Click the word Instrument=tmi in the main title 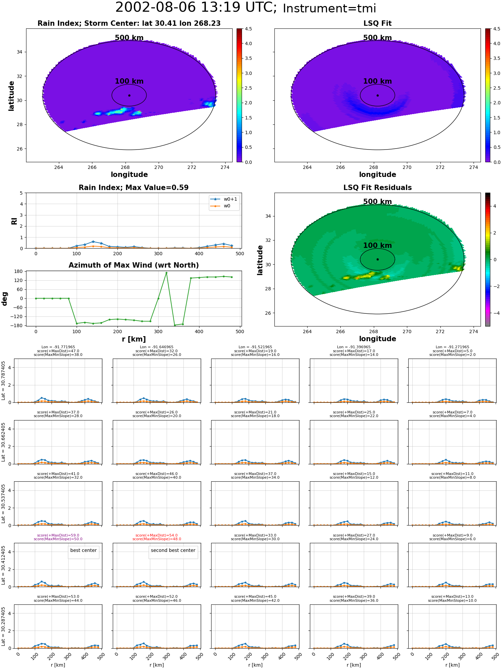(329, 9)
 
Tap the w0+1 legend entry (224, 199)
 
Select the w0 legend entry (221, 206)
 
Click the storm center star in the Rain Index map (129, 95)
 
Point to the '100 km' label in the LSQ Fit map (378, 81)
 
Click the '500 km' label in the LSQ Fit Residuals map (378, 202)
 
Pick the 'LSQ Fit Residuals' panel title (378, 188)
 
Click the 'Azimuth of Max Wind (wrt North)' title (134, 265)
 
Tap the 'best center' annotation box (83, 551)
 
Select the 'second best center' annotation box (173, 551)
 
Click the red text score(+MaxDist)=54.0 (157, 536)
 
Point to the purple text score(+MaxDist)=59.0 (58, 536)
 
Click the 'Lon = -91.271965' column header (452, 347)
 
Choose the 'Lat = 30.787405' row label (3, 381)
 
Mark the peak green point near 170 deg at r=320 (166, 273)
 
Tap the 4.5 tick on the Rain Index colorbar (248, 29)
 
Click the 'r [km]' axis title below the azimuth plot (134, 339)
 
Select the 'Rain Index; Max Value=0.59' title (134, 188)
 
